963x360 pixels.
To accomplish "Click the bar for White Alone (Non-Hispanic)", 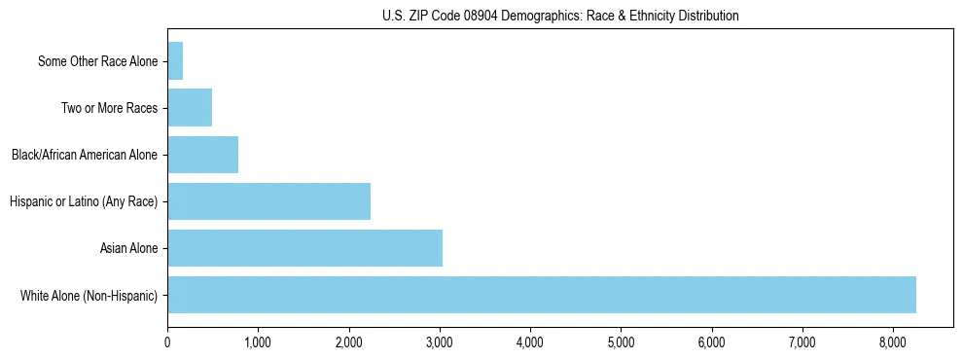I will [x=542, y=295].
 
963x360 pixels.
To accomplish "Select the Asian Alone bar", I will [x=304, y=248].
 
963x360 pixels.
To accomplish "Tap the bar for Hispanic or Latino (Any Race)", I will [x=268, y=201].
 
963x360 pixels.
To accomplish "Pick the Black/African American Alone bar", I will [x=202, y=155].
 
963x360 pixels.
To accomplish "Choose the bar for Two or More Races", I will [x=190, y=108].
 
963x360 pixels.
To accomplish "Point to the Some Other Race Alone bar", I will [x=175, y=61].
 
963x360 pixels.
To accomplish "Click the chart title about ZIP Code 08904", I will [x=560, y=16].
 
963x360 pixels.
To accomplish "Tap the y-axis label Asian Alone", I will [x=129, y=249].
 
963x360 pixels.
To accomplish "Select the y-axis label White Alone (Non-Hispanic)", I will [x=89, y=296].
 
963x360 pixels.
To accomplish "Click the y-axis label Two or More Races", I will [x=109, y=108].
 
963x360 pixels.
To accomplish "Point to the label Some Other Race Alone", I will [x=97, y=61].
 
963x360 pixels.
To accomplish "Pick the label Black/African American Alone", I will [x=84, y=155].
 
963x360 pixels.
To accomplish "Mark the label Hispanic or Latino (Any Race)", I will [x=83, y=202].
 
